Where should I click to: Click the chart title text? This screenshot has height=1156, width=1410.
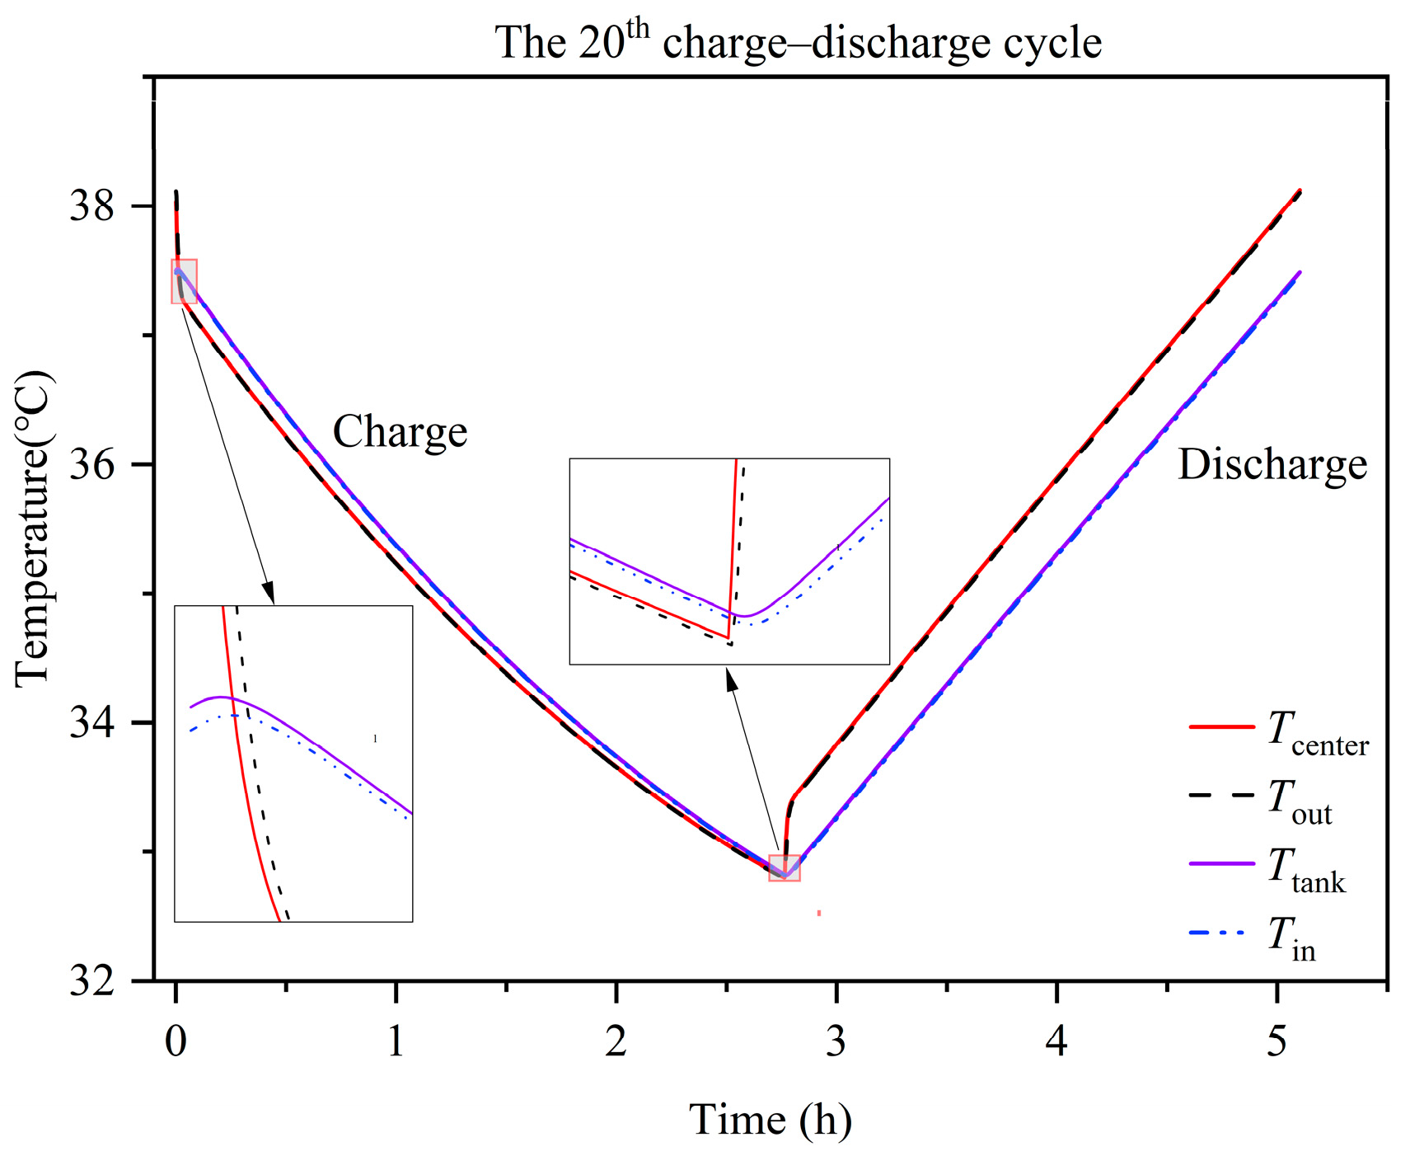tap(798, 41)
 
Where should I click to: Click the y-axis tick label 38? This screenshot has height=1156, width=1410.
tap(91, 205)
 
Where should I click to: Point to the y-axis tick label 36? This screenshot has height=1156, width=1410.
tap(91, 464)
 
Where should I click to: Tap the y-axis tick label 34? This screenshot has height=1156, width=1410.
tap(91, 722)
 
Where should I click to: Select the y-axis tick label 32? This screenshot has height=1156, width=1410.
tap(91, 981)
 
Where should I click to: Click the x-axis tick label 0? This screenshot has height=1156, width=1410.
tap(176, 1041)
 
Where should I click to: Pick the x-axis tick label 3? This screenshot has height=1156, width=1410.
tap(836, 1041)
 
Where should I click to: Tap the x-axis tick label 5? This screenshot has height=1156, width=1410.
tap(1276, 1041)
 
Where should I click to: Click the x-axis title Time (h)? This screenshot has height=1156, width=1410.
tap(770, 1120)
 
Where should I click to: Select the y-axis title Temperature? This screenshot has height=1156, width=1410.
tap(35, 528)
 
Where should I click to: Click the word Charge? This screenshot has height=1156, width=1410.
tap(400, 431)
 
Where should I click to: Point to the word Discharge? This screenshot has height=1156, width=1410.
tap(1272, 464)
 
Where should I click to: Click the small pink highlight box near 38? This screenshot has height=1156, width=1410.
tap(184, 281)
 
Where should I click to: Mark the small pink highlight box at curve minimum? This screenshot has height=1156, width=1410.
tap(784, 868)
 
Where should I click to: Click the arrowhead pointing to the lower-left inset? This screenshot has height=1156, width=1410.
tap(269, 593)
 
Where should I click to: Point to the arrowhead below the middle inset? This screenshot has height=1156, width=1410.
tap(730, 679)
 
